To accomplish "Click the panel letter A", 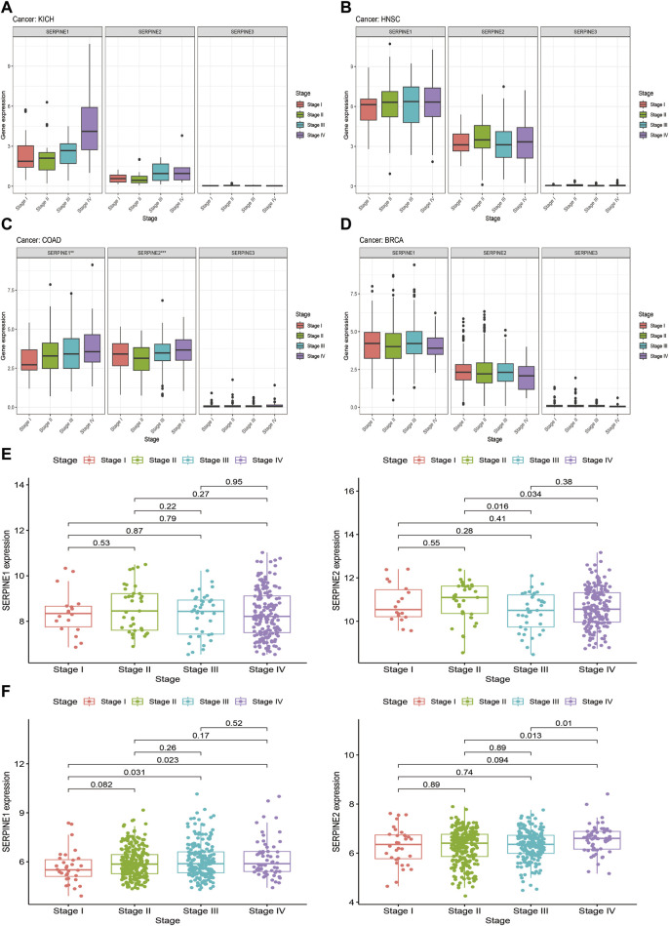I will tap(9, 9).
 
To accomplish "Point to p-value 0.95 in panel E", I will tap(232, 482).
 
